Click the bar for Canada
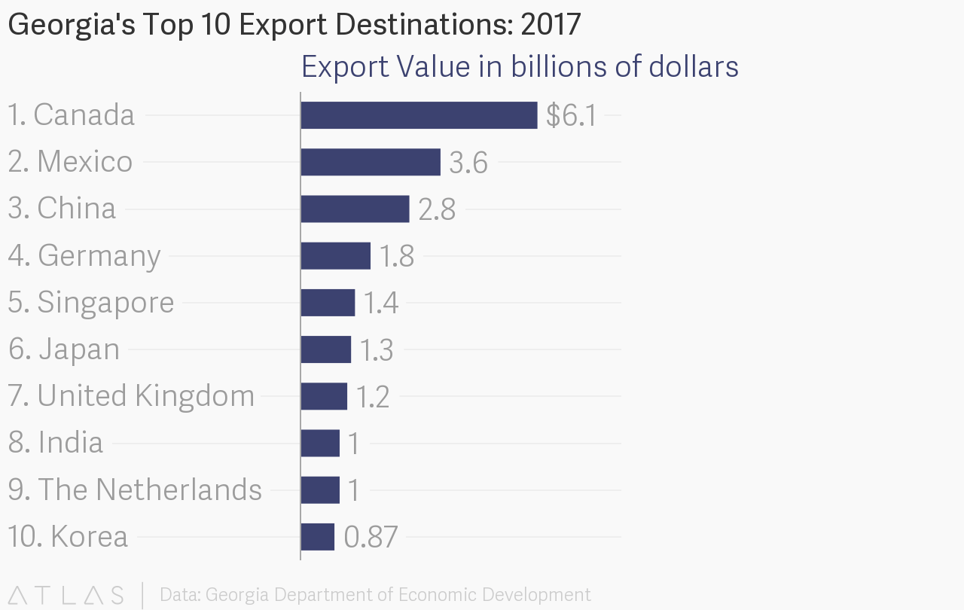[419, 115]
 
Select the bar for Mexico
[371, 162]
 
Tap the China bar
[355, 209]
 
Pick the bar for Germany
[335, 255]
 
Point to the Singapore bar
[328, 302]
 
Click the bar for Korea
[317, 537]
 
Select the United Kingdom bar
[324, 396]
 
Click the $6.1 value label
[572, 116]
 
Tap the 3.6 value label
[468, 163]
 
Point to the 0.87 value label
[371, 537]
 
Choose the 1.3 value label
[376, 350]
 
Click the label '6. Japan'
[64, 349]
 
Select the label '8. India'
[56, 443]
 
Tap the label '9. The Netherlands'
[135, 490]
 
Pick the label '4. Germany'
[84, 256]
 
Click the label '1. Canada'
[72, 115]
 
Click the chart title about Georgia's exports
[294, 25]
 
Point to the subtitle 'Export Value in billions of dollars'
[520, 67]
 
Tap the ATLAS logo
[66, 595]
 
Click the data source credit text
[375, 595]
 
